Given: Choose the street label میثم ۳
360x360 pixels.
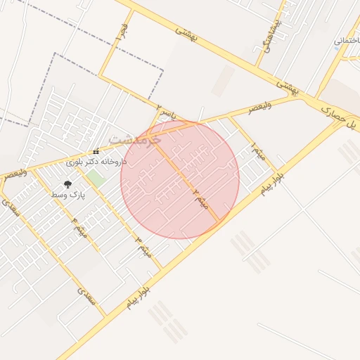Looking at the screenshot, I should [143, 243].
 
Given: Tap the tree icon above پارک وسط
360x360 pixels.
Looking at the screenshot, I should [68, 184].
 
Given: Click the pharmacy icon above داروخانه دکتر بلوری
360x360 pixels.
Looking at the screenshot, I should [96, 152].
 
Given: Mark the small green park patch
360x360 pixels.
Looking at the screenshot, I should [96, 179].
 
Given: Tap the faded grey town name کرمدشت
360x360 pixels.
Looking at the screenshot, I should [136, 139].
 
